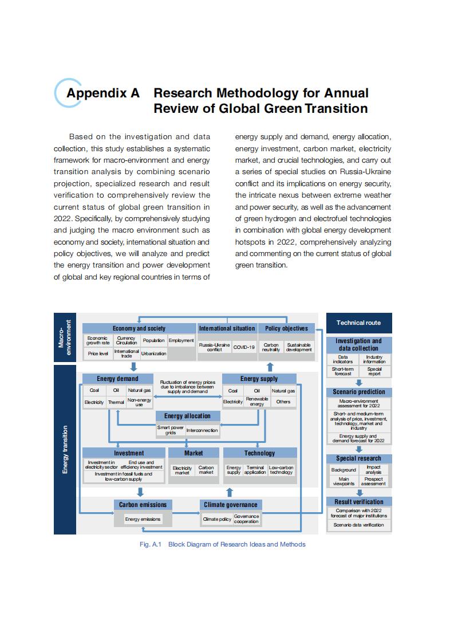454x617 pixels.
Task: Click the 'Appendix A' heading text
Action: point(103,93)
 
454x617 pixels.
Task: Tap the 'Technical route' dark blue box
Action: point(358,323)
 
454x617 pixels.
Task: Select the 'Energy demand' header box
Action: point(117,379)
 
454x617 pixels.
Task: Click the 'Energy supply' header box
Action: point(259,379)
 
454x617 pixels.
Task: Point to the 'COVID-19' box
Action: point(243,347)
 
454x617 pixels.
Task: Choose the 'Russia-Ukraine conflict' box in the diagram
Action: point(214,347)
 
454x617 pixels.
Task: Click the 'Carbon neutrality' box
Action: point(271,347)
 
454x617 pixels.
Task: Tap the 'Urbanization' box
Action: point(153,353)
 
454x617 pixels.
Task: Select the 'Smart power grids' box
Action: point(170,430)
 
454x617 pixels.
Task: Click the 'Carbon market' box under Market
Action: point(206,470)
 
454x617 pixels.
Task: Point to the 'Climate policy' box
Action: point(217,519)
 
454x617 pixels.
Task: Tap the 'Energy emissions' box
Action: point(143,519)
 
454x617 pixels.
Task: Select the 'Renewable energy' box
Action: point(257,402)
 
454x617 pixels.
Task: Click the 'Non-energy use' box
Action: point(139,402)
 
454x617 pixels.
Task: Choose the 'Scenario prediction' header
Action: point(358,392)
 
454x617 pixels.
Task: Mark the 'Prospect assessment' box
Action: point(373,481)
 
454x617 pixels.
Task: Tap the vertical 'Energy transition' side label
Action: point(65,449)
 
